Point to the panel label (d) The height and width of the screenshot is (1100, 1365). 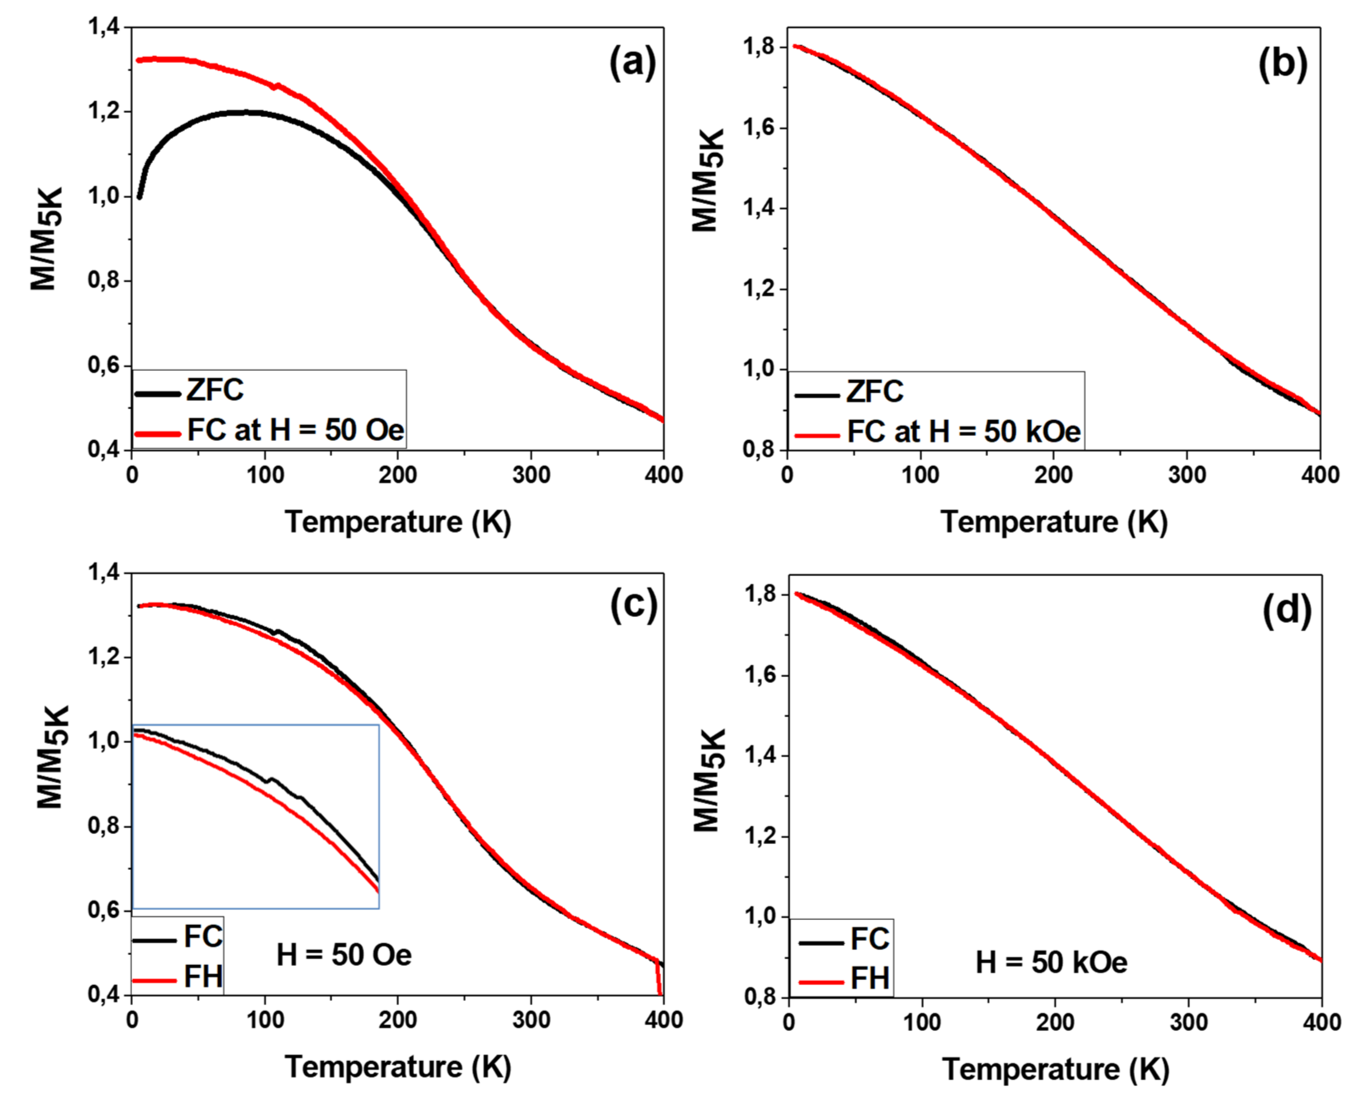point(1287,611)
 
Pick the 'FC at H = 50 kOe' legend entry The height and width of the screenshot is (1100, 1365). point(963,431)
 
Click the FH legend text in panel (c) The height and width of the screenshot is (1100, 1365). point(203,976)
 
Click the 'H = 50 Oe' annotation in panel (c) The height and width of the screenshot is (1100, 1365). point(344,955)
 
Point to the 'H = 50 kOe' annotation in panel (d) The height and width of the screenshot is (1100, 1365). point(1051,962)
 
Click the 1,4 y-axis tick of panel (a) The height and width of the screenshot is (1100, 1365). point(105,27)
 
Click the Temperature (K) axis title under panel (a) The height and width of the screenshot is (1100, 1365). point(398,522)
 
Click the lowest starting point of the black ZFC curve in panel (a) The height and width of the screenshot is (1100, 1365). point(139,197)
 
